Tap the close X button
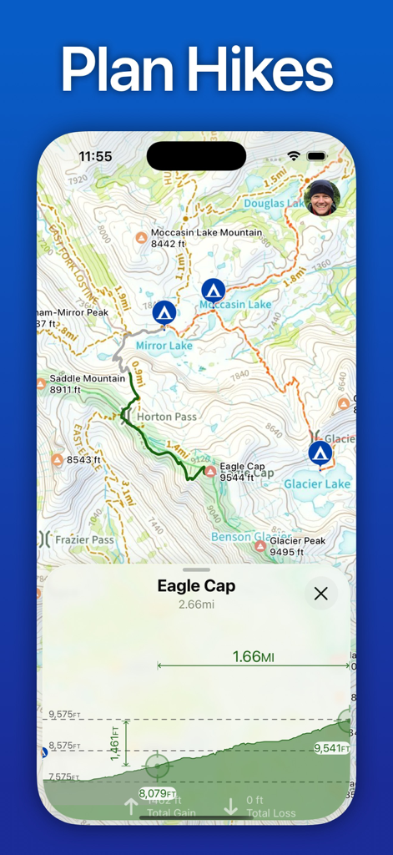pyautogui.click(x=320, y=594)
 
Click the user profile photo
pyautogui.click(x=322, y=199)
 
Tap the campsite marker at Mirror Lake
pyautogui.click(x=164, y=313)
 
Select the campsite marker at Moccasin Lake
pyautogui.click(x=213, y=291)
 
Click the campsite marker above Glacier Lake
pyautogui.click(x=320, y=453)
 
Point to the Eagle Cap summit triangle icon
pyautogui.click(x=210, y=472)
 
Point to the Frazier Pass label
pyautogui.click(x=83, y=540)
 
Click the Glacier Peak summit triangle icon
pyautogui.click(x=260, y=546)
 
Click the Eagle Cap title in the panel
pyautogui.click(x=196, y=586)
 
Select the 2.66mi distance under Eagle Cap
pyautogui.click(x=196, y=605)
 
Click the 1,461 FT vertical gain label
pyautogui.click(x=115, y=743)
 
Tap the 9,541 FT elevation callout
pyautogui.click(x=331, y=748)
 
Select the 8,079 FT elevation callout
pyautogui.click(x=158, y=793)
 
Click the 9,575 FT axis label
pyautogui.click(x=64, y=715)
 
